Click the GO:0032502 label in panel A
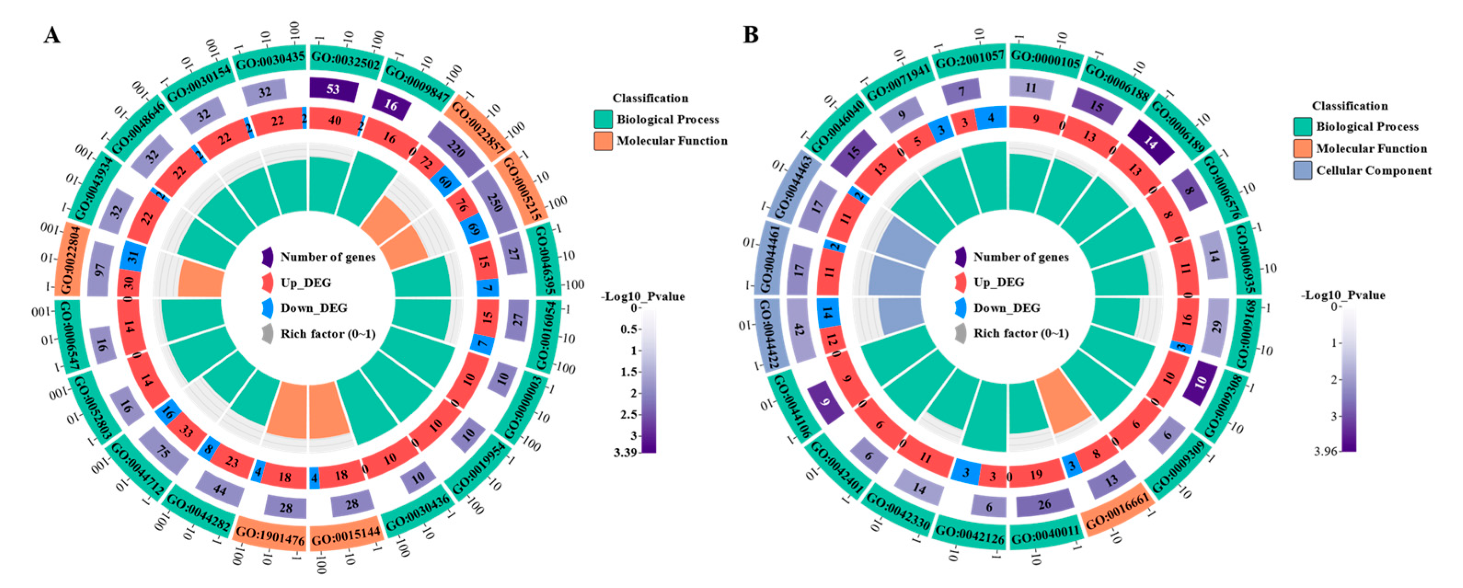tap(345, 58)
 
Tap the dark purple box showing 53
tap(333, 89)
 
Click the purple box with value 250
tap(494, 201)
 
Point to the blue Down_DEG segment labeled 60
tap(445, 182)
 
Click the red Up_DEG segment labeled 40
tap(334, 121)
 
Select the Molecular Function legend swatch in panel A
tap(603, 141)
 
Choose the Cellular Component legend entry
tap(1374, 170)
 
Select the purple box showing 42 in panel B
tap(799, 330)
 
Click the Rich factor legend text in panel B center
tap(1021, 333)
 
